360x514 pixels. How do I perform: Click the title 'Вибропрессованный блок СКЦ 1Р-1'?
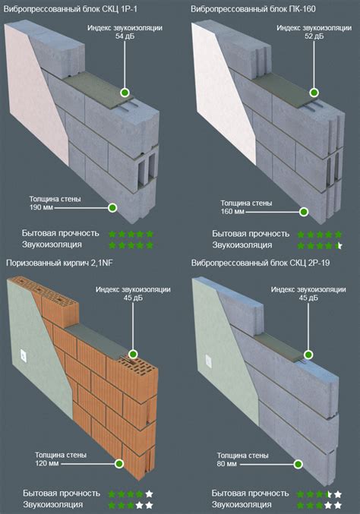click(x=71, y=8)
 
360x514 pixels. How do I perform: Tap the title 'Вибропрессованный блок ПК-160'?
click(x=253, y=8)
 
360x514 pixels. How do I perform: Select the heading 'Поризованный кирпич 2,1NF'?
click(x=59, y=263)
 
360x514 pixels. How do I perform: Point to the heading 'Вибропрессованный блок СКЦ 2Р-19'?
click(x=261, y=263)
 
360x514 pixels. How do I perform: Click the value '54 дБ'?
click(x=125, y=36)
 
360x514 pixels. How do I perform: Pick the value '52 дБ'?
click(x=314, y=36)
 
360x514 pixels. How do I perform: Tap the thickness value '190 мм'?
click(x=41, y=207)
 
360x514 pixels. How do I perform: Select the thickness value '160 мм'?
click(x=232, y=211)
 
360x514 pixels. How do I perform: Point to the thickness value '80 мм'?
click(x=226, y=464)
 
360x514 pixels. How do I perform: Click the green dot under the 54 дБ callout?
click(x=125, y=93)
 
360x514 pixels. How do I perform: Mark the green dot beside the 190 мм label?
click(x=112, y=207)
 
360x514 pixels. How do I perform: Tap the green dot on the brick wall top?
click(x=133, y=354)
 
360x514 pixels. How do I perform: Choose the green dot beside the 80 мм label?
click(x=298, y=464)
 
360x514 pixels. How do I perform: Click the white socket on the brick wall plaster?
click(x=24, y=355)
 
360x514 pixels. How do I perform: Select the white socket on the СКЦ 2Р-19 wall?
click(x=209, y=361)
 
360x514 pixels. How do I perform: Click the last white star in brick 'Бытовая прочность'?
click(x=149, y=494)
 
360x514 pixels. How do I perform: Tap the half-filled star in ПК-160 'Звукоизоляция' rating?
click(x=339, y=245)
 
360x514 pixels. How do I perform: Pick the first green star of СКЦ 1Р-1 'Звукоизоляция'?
click(x=112, y=245)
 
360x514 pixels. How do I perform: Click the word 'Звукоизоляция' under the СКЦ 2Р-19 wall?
click(x=242, y=504)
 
